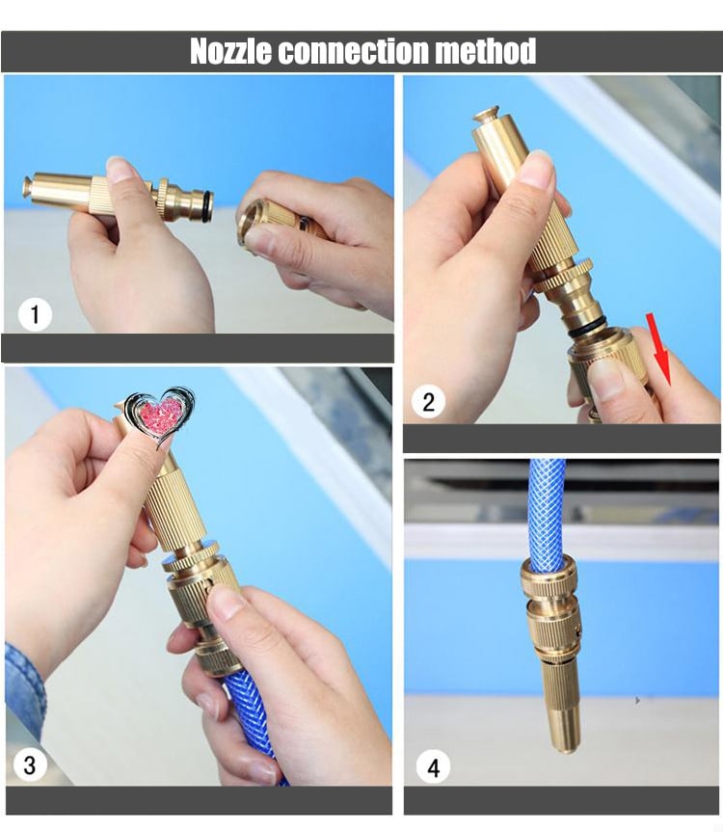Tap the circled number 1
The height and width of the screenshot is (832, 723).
click(36, 314)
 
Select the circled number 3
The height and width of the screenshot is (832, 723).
click(30, 765)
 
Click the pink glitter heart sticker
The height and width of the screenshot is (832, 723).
click(160, 414)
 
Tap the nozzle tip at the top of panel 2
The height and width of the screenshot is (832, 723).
click(486, 116)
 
